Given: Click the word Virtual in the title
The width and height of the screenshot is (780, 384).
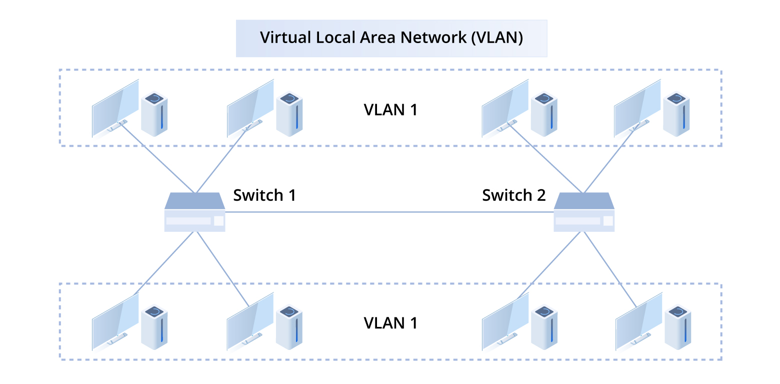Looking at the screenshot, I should pos(279,38).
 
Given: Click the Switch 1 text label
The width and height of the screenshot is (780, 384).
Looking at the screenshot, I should pos(264,195).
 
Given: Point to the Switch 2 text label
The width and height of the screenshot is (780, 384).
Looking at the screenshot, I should pos(513,195).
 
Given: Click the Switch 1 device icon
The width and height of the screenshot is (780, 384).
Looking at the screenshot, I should pos(194,212).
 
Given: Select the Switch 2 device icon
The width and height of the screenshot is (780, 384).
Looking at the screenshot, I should pos(584,212).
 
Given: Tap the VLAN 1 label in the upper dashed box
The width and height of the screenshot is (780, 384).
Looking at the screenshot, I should pos(390,110).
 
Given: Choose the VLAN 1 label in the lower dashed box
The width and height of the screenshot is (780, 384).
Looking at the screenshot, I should pos(390,323).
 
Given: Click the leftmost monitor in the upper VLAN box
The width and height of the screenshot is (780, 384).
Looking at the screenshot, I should pos(115,108).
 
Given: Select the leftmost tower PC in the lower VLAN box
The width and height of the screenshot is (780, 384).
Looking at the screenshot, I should pos(154,327).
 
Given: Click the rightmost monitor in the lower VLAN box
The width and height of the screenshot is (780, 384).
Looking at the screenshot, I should pos(638,321).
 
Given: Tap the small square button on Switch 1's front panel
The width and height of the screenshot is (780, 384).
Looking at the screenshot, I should pos(218,221).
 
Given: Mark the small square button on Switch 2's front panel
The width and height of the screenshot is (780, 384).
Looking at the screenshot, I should pos(608,221).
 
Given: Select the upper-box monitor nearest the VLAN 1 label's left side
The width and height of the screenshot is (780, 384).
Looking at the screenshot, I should pos(250,108).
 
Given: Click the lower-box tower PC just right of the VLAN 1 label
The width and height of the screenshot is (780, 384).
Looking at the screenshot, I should pos(544,327).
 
